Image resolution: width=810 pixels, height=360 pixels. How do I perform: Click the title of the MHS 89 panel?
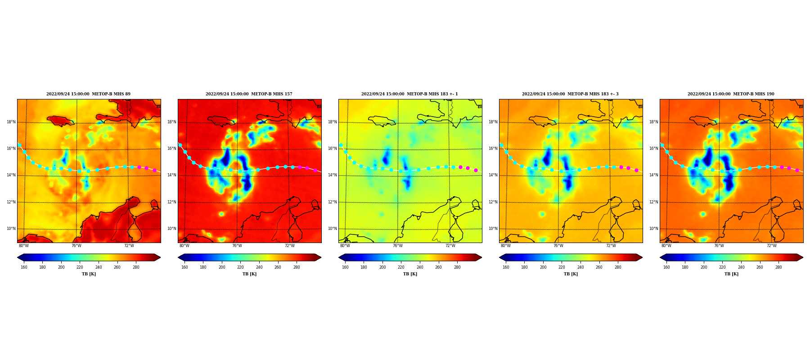click(88, 94)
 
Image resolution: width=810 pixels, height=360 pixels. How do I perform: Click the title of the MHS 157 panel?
click(249, 94)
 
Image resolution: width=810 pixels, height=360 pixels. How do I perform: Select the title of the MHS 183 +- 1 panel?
click(409, 94)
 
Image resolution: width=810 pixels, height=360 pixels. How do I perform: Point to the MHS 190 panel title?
click(731, 94)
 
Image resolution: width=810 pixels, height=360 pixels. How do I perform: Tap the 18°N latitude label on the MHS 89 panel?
click(11, 122)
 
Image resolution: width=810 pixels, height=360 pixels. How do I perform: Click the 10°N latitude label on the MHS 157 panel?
click(171, 229)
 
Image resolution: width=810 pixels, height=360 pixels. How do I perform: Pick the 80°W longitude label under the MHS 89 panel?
click(24, 246)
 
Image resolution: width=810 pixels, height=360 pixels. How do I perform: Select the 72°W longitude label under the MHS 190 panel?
click(772, 246)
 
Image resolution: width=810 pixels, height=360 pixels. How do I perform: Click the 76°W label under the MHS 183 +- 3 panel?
click(558, 246)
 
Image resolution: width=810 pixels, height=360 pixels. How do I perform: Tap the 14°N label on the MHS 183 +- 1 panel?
click(332, 175)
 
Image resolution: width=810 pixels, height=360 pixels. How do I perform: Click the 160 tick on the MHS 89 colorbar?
click(24, 267)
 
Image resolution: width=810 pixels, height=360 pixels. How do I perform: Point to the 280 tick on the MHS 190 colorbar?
click(778, 267)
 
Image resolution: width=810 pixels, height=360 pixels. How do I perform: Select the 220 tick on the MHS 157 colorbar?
click(240, 267)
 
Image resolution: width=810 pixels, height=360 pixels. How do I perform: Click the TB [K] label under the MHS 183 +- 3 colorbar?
click(571, 274)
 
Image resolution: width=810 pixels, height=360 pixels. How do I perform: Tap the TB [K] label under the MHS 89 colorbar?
click(89, 274)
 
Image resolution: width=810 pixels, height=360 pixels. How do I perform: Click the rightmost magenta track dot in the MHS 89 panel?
click(154, 170)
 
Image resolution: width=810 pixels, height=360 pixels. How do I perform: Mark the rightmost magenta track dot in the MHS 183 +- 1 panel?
click(476, 170)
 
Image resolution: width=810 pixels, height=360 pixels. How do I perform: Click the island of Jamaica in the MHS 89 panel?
click(61, 121)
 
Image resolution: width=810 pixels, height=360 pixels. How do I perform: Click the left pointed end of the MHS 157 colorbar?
click(179, 257)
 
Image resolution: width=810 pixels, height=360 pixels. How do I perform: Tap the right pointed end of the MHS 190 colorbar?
click(802, 257)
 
